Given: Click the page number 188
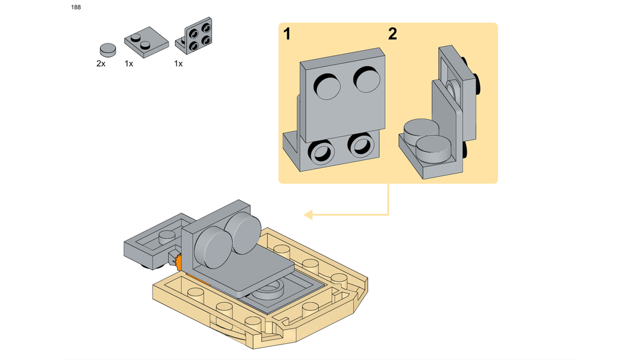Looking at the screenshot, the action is click(x=76, y=7).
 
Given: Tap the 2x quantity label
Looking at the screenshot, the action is click(x=101, y=64).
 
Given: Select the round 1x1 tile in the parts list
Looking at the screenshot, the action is click(x=108, y=50).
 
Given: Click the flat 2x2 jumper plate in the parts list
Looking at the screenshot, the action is click(x=146, y=42).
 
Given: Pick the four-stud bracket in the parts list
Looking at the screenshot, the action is click(x=194, y=37).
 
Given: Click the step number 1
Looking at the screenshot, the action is click(x=287, y=34).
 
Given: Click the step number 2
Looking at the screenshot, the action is click(x=392, y=34).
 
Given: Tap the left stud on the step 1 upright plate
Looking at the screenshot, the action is click(x=327, y=87).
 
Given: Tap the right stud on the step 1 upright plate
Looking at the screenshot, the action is click(x=367, y=79).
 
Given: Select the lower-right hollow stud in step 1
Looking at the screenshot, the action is click(x=361, y=145).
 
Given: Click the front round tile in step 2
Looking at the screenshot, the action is click(x=433, y=149).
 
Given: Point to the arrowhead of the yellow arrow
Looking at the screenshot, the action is click(x=309, y=215).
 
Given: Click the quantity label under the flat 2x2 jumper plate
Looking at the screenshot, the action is click(x=129, y=64).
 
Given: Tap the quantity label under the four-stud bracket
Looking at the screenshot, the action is click(x=178, y=64).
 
